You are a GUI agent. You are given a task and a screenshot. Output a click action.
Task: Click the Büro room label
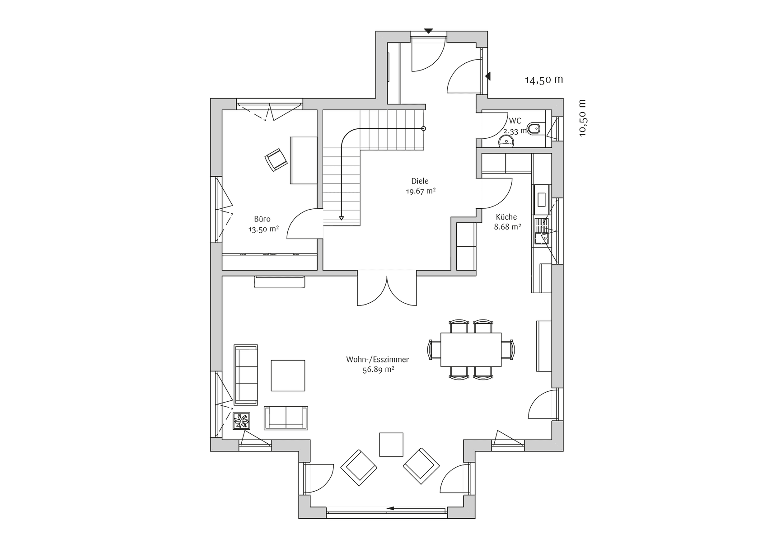click(x=262, y=219)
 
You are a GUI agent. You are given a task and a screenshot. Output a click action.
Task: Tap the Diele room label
click(x=420, y=181)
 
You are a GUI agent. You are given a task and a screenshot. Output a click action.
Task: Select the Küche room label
click(x=506, y=217)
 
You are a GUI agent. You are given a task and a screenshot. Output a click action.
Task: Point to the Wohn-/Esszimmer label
click(x=377, y=360)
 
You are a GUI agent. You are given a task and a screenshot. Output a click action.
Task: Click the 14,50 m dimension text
click(x=544, y=80)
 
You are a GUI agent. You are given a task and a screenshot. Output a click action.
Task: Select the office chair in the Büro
click(x=276, y=160)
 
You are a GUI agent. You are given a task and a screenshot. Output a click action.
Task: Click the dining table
click(x=471, y=350)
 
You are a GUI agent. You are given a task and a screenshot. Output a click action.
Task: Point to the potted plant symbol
click(x=241, y=421)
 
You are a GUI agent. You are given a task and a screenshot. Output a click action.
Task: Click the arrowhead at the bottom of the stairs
click(x=342, y=218)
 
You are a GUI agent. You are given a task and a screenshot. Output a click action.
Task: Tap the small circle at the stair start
click(x=424, y=129)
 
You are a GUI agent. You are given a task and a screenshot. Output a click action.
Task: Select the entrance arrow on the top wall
click(x=429, y=31)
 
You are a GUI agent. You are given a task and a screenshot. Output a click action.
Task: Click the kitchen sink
click(x=541, y=231)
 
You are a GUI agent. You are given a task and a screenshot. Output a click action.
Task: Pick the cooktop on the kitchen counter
click(x=541, y=199)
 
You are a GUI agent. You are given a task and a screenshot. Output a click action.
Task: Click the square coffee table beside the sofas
click(x=288, y=375)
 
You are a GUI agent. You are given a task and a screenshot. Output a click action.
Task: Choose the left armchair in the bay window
click(x=359, y=468)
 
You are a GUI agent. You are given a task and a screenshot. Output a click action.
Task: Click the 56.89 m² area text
click(x=378, y=370)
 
